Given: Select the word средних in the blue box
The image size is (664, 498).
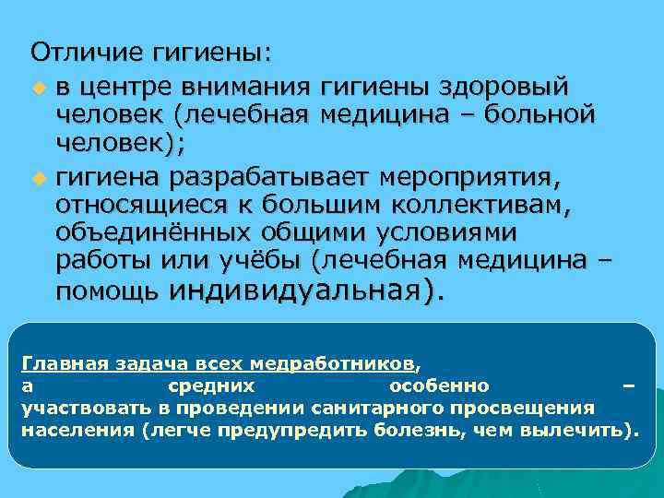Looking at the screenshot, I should click(x=213, y=385).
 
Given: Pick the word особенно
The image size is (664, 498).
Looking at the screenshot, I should click(x=439, y=385).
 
